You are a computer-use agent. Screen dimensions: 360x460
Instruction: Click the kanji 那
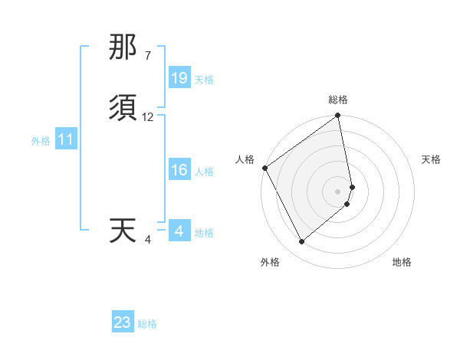[123, 47]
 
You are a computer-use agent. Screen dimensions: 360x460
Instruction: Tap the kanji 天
[123, 231]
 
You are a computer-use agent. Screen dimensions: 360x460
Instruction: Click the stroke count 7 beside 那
[147, 56]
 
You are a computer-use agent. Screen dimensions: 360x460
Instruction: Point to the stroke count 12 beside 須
[148, 117]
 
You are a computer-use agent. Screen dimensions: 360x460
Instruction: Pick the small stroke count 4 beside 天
[148, 239]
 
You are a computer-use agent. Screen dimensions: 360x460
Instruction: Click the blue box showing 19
[179, 78]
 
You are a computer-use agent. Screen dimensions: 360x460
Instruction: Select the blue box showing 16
[179, 170]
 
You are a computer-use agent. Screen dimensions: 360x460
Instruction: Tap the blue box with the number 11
[66, 140]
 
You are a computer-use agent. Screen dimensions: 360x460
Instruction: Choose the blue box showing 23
[123, 322]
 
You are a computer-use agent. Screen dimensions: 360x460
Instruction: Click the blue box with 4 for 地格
[179, 231]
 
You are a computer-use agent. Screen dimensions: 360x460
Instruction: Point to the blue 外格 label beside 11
[41, 141]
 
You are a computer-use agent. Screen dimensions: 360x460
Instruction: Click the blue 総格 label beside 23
[147, 324]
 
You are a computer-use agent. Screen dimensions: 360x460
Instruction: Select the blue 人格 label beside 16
[204, 172]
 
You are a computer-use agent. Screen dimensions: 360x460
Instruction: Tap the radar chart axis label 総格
[338, 100]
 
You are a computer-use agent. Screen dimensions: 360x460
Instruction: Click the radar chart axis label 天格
[431, 159]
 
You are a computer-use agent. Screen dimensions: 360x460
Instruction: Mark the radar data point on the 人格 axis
[264, 168]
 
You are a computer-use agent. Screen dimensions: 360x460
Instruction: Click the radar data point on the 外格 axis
[301, 241]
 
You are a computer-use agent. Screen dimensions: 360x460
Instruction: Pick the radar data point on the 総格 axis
[338, 116]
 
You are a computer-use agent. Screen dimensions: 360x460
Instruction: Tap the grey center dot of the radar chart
[338, 191]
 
